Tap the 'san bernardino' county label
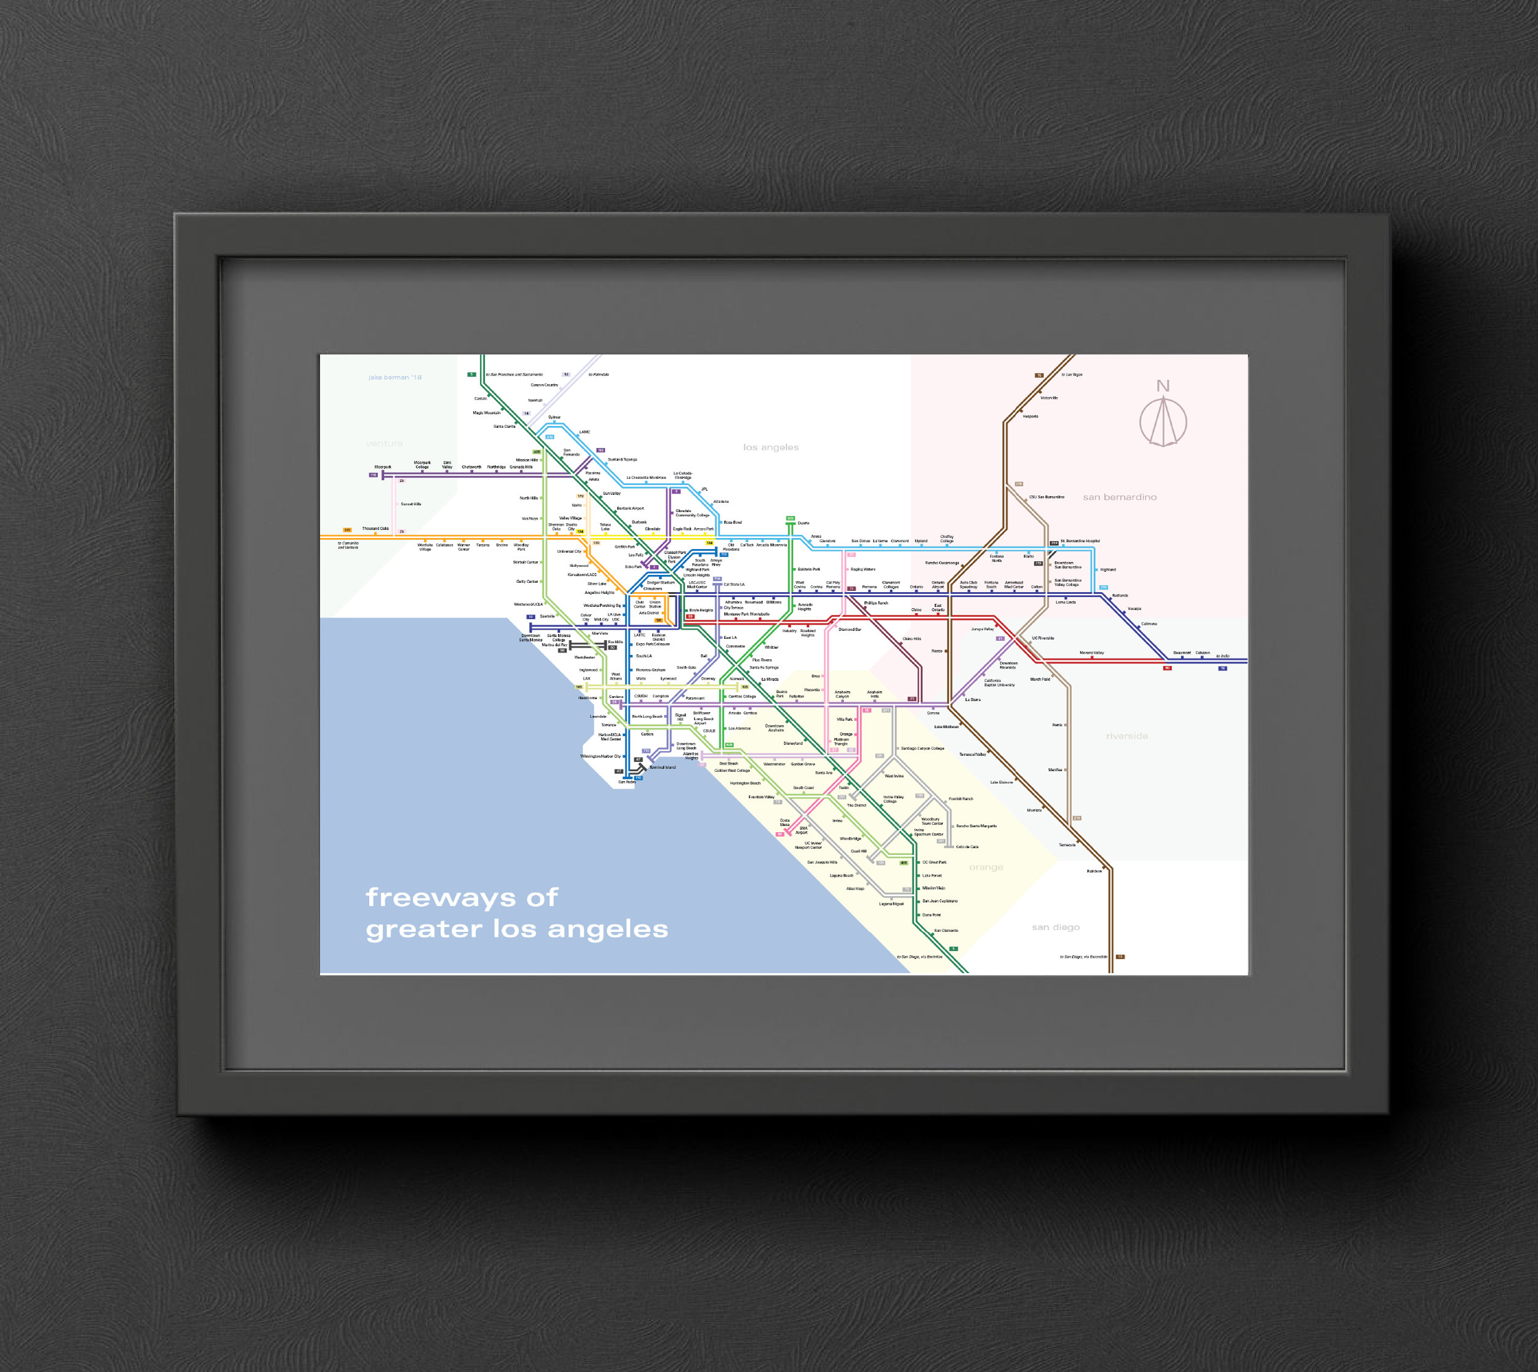(1120, 497)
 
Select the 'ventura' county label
(384, 443)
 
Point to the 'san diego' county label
(1056, 927)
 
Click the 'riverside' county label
(1126, 736)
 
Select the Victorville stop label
(1049, 398)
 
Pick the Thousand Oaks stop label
(375, 529)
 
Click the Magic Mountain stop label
(486, 413)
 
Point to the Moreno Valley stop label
(1091, 653)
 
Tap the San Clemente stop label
(946, 930)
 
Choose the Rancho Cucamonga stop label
(942, 563)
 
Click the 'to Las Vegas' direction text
(1072, 375)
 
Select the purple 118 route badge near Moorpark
(373, 475)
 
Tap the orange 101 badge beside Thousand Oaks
(348, 530)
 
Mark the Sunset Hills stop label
(411, 504)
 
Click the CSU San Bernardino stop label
(1046, 497)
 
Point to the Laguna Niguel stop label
(891, 904)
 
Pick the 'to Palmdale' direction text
(599, 375)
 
